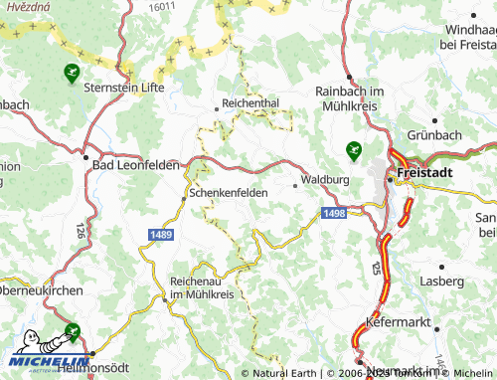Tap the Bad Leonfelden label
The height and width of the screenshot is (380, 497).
[x=135, y=165]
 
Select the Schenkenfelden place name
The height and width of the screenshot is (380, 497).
[x=228, y=193]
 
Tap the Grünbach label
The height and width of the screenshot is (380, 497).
[x=435, y=133]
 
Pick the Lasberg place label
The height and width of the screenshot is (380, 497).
[x=442, y=282]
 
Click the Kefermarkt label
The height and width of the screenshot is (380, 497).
[x=397, y=323]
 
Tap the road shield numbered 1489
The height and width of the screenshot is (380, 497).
[x=162, y=233]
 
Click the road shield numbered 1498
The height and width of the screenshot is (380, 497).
[x=334, y=213]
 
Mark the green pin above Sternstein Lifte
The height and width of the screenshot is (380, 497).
[x=72, y=72]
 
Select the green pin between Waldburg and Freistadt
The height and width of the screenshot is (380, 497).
[x=353, y=150]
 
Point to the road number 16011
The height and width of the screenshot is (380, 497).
[x=162, y=6]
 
